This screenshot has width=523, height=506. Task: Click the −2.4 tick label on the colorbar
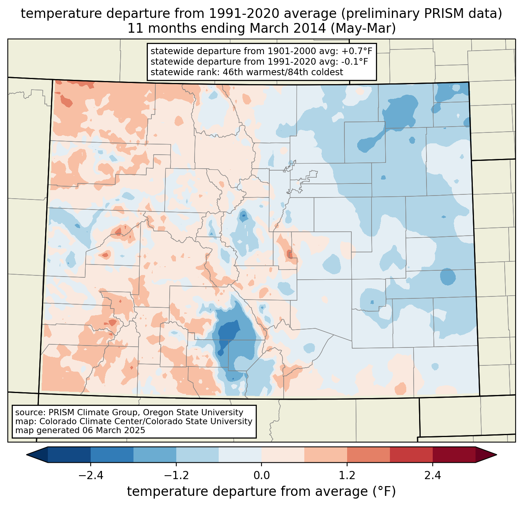[90, 476]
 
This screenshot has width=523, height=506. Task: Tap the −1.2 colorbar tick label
[176, 476]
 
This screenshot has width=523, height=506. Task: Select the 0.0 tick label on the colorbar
[261, 476]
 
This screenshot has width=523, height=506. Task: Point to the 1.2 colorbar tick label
[347, 476]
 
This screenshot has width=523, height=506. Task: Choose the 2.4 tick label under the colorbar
[432, 476]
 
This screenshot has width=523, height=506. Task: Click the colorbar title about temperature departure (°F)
[261, 492]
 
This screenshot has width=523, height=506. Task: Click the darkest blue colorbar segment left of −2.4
[69, 455]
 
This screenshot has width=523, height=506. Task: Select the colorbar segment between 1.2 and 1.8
[368, 455]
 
